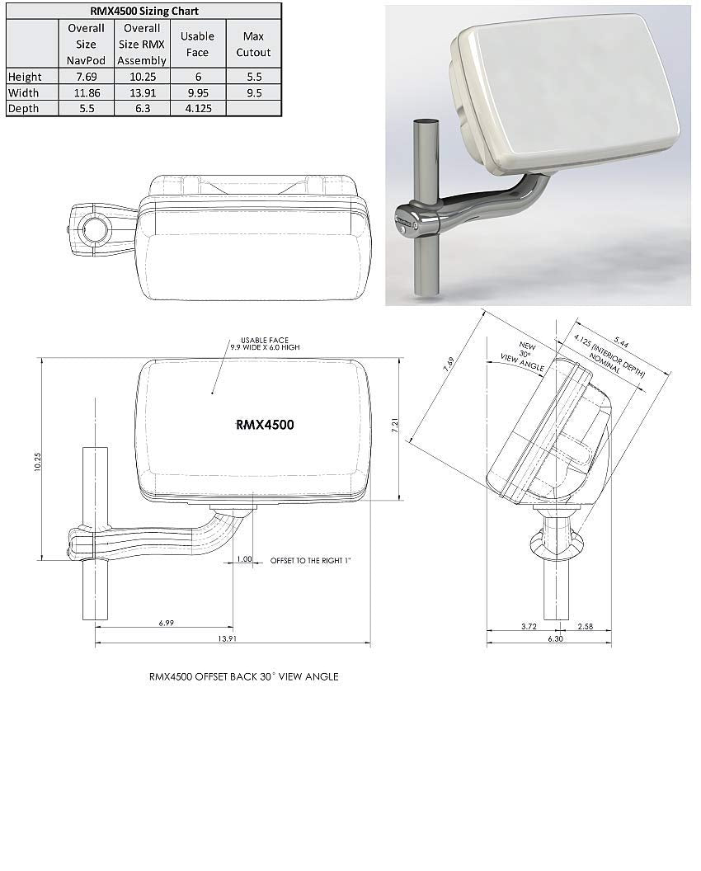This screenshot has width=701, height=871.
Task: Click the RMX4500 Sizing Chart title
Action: pyautogui.click(x=143, y=12)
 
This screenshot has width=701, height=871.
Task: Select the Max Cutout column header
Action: pyautogui.click(x=253, y=44)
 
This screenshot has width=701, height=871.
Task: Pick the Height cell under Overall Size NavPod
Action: pyautogui.click(x=86, y=77)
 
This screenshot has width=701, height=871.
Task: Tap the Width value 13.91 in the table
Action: pyautogui.click(x=142, y=92)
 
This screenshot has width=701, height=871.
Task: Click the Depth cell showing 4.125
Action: pyautogui.click(x=197, y=108)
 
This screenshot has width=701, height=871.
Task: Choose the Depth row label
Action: pyautogui.click(x=24, y=108)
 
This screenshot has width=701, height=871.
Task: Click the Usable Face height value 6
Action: pyautogui.click(x=197, y=77)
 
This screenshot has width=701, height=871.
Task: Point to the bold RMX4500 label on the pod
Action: pyautogui.click(x=265, y=425)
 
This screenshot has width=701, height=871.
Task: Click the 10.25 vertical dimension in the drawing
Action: pyautogui.click(x=37, y=462)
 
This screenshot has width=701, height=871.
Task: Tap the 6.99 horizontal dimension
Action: pyautogui.click(x=166, y=623)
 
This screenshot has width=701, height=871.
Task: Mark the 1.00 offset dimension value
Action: pyautogui.click(x=244, y=560)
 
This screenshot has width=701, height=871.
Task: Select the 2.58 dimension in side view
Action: pyautogui.click(x=586, y=628)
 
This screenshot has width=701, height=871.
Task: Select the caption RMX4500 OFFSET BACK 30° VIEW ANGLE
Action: pyautogui.click(x=243, y=676)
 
